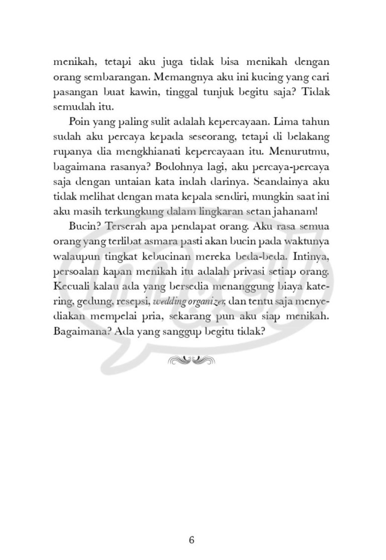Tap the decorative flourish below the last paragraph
point(192,359)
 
